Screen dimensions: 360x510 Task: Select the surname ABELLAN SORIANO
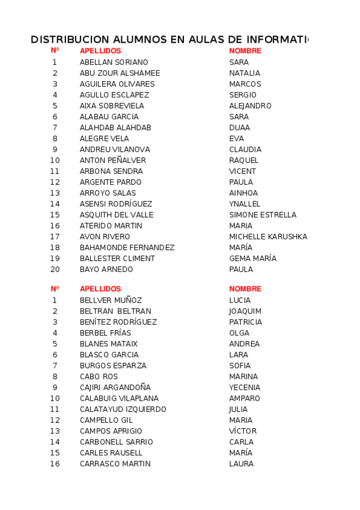[114, 63]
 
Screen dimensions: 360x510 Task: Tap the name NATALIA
[245, 73]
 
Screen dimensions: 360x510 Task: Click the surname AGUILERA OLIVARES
[117, 84]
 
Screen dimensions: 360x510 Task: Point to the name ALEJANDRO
[250, 106]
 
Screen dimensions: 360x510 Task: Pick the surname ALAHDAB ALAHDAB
[115, 127]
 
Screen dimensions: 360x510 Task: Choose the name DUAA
[239, 127]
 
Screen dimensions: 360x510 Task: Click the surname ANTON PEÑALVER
[113, 161]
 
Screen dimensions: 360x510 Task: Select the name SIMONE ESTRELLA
[263, 215]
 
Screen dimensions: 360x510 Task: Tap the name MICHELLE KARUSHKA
[268, 237]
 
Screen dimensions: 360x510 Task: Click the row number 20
[55, 269]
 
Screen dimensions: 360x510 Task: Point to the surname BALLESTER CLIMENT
[117, 259]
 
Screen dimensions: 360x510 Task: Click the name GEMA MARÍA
[252, 259]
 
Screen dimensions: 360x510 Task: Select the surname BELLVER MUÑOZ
[111, 300]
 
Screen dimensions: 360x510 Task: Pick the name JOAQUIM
[245, 311]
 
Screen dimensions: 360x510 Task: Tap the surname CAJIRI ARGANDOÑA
[115, 387]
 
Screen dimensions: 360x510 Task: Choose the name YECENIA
[245, 387]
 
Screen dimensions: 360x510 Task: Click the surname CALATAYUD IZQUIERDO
[123, 410]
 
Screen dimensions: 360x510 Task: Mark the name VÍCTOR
[243, 431]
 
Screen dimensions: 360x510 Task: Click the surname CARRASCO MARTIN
[115, 464]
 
